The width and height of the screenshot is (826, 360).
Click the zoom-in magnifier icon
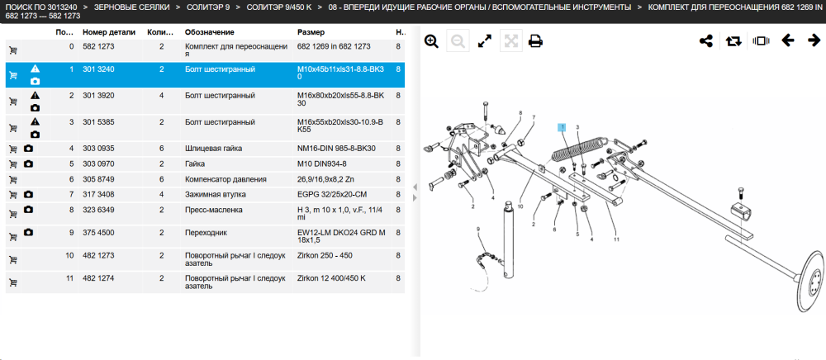coord(431,41)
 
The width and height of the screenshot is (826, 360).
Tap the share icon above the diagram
coord(706,40)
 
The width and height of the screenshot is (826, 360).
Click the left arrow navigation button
coord(787,40)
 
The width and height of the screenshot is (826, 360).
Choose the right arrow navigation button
coord(814,40)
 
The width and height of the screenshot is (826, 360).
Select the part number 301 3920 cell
coord(98,95)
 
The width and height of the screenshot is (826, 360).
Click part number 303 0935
coord(98,149)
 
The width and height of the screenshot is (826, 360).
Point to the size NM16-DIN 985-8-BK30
coord(337,149)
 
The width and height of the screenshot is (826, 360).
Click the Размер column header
coord(311,32)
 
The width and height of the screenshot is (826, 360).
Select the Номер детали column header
coord(109,32)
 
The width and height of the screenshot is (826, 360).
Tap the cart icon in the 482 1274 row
coord(13,282)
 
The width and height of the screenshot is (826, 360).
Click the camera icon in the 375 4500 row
coord(28,232)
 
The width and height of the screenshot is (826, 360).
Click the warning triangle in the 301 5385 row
coord(35,121)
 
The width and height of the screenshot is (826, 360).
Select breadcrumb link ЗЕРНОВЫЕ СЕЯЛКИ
coord(131,7)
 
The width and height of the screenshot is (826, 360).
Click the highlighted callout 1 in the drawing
coord(563,127)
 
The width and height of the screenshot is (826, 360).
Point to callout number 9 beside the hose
coord(478,229)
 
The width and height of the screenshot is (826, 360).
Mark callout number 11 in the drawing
coord(616,239)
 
